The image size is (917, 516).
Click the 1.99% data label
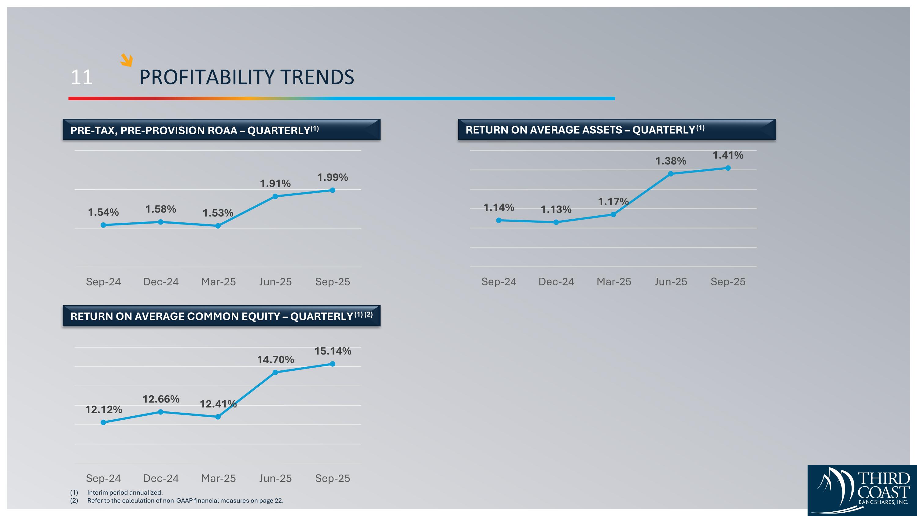pos(332,177)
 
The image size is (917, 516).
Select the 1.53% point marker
pos(218,226)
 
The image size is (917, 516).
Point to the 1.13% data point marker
pos(556,222)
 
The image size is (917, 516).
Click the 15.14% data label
pos(333,351)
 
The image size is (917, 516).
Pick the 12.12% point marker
pos(103,422)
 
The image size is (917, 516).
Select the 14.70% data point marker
pos(275,373)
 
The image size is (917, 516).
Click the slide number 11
pos(82,77)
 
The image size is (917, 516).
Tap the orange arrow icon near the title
pos(126,60)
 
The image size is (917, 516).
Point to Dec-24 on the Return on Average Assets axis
pos(556,282)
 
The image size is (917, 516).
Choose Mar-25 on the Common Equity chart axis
pos(218,478)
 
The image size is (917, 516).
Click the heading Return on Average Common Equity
pos(212,316)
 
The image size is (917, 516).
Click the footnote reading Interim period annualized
pos(125,492)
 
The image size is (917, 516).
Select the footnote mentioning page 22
pos(185,500)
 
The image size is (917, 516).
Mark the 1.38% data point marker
pos(671,174)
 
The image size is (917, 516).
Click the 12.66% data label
pos(161,399)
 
